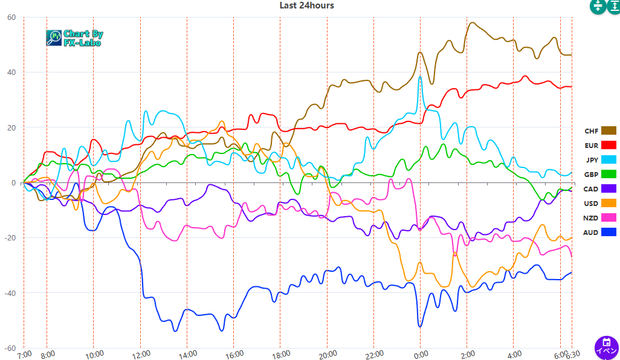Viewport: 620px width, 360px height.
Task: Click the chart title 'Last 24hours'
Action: [306, 5]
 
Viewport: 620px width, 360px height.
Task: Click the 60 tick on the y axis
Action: [11, 18]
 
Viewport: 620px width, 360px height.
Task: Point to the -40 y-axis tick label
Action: [10, 293]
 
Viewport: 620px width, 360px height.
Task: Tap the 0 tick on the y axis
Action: [14, 182]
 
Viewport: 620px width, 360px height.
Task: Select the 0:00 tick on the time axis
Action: [420, 354]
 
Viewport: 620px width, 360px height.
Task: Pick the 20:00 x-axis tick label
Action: [326, 354]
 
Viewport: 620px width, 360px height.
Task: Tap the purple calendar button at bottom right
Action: [606, 347]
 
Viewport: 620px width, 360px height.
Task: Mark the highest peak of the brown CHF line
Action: [472, 23]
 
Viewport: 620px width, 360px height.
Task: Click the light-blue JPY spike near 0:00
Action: [420, 77]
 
